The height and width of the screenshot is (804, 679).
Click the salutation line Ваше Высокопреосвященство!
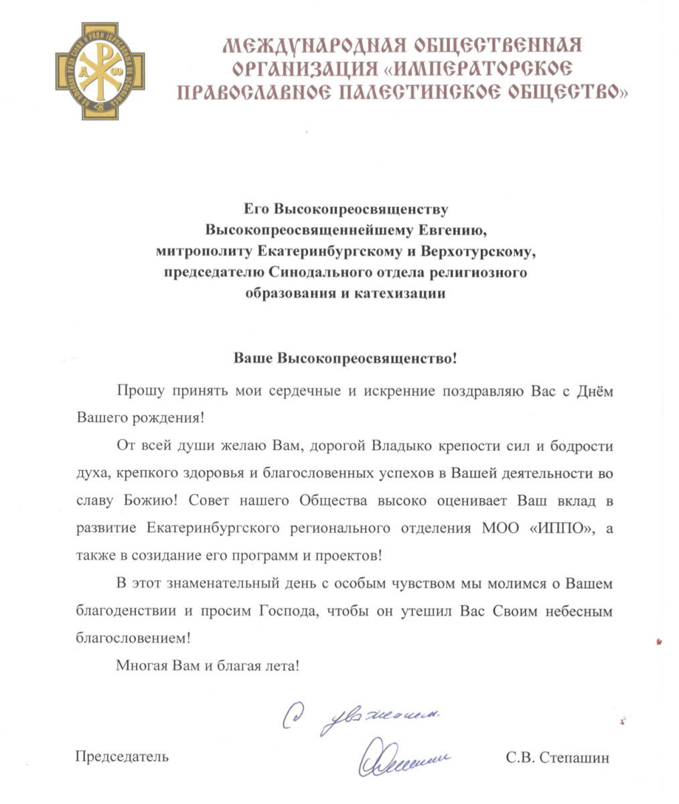[x=344, y=358]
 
